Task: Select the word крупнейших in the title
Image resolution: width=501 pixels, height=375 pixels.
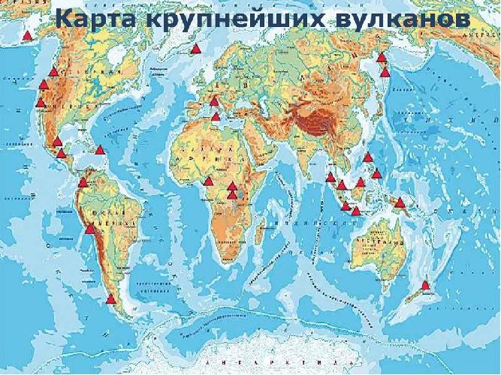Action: (x=230, y=21)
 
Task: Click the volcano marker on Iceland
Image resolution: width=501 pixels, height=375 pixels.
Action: (x=195, y=49)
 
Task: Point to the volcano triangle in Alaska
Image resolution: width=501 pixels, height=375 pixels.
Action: (x=28, y=34)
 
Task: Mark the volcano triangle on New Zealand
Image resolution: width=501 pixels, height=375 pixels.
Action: (x=426, y=285)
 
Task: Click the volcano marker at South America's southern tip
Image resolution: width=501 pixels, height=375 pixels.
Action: (x=111, y=299)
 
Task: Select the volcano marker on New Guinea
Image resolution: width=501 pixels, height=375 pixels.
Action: (x=400, y=202)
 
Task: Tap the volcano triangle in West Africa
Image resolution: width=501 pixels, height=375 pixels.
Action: (x=208, y=181)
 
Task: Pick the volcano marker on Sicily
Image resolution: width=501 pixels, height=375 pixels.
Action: (x=216, y=116)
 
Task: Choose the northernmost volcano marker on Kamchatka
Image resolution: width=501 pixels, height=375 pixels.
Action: (x=382, y=57)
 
